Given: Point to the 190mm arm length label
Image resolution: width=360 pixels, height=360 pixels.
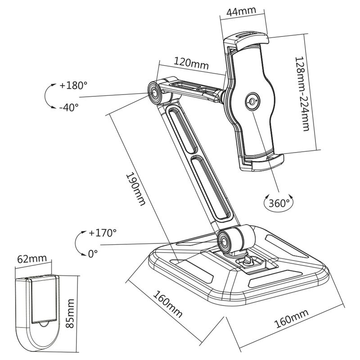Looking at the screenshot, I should (x=135, y=189).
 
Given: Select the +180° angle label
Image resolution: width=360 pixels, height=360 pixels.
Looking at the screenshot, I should (x=72, y=85).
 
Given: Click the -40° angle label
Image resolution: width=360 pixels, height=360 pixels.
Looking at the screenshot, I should (x=69, y=107).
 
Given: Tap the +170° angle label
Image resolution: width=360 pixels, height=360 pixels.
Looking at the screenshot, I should (x=102, y=233).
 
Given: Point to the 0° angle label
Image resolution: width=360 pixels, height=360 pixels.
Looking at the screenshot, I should (x=93, y=254).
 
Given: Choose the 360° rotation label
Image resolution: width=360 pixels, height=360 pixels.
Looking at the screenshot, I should (x=279, y=203).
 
